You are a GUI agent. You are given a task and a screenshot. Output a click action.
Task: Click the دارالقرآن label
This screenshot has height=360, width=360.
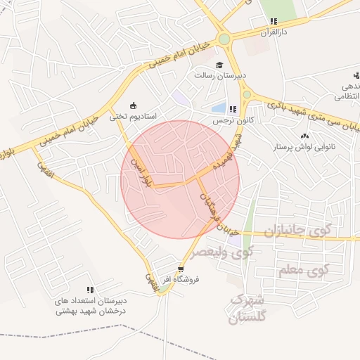(x=274, y=32)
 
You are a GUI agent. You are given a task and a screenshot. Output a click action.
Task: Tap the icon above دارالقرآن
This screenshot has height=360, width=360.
(x=274, y=22)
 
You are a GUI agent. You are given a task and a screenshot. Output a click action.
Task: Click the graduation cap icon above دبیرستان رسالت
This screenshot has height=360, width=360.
(x=219, y=65)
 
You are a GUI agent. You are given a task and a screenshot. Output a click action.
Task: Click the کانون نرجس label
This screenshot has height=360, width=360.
(x=232, y=120)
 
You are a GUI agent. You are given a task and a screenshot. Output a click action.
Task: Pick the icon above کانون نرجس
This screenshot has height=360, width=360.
(x=232, y=109)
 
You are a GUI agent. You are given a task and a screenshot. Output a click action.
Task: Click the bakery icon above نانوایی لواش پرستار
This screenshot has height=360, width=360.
(x=304, y=136)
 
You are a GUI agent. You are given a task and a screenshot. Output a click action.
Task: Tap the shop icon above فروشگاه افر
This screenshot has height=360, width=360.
(x=181, y=269)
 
